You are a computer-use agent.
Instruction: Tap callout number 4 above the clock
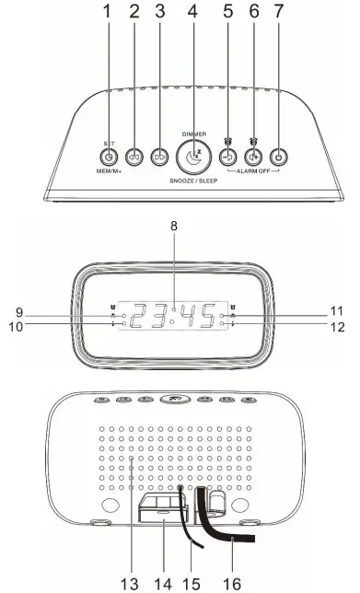click(192, 14)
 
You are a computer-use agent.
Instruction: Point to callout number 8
click(173, 224)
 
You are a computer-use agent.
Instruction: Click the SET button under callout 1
click(109, 157)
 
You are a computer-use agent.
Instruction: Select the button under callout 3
click(159, 157)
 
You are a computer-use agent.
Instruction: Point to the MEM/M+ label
click(109, 172)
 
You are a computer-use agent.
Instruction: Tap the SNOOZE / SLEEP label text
click(192, 183)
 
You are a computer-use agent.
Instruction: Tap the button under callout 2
click(134, 157)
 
